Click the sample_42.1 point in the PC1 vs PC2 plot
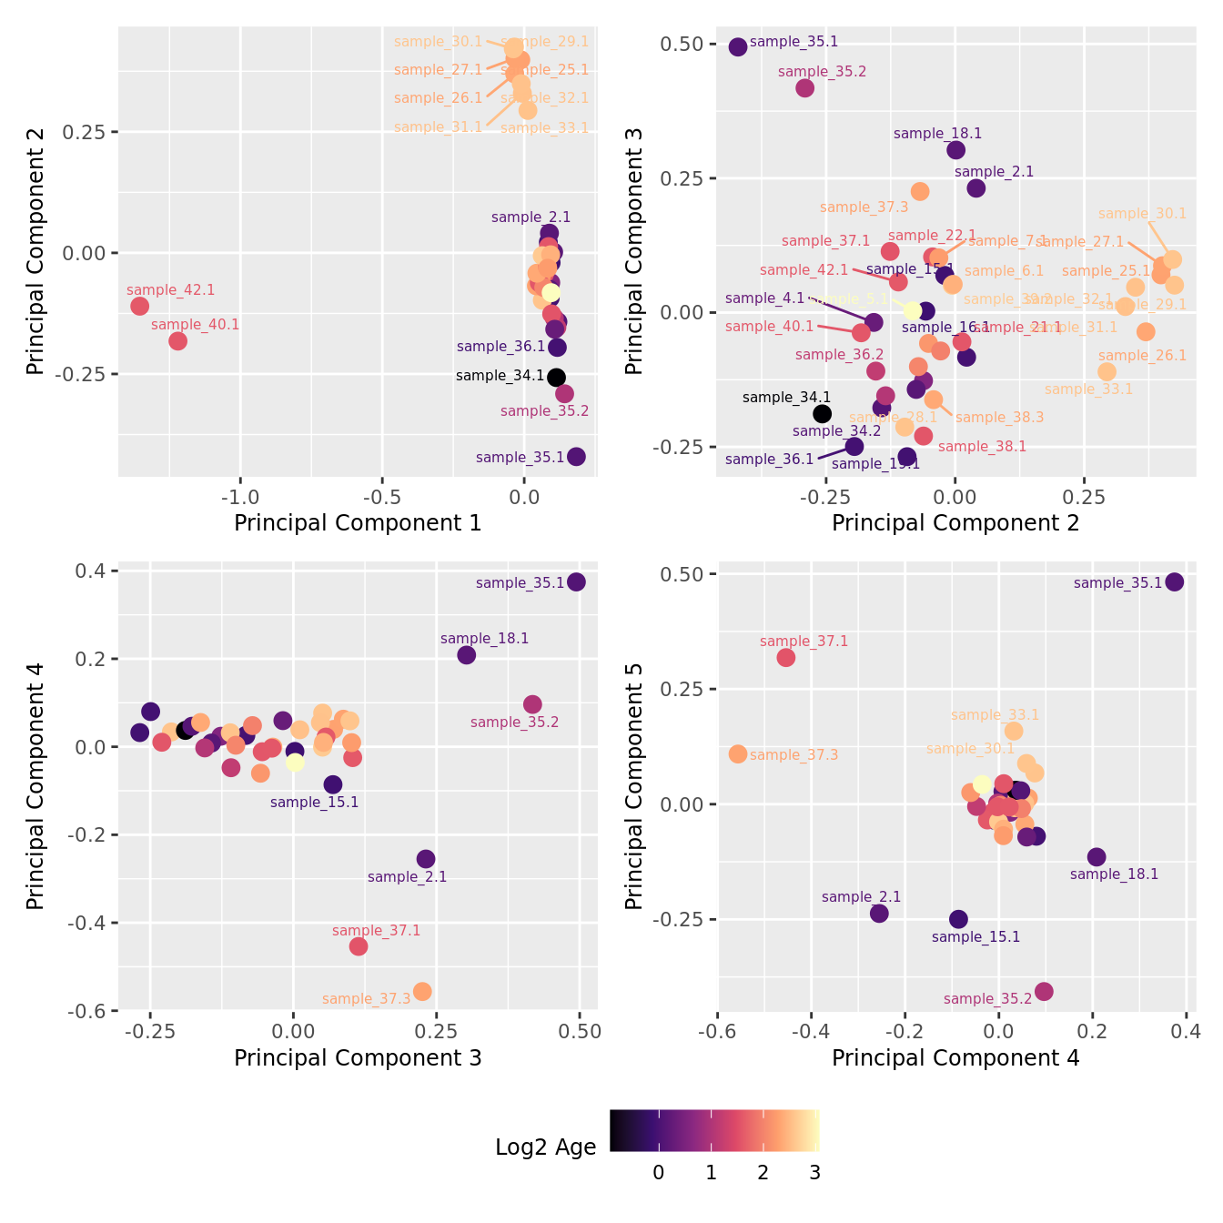point(139,306)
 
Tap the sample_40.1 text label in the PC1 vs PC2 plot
point(195,325)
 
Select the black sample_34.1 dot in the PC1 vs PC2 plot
point(556,377)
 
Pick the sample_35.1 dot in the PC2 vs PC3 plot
point(738,46)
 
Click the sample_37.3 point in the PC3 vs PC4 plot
point(422,991)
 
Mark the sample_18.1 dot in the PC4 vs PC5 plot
point(1097,856)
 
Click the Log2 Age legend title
point(545,1147)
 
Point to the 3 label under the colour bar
point(814,1173)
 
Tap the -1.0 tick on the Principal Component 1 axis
point(240,497)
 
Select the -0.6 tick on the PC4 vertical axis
point(88,1010)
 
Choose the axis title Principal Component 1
point(358,523)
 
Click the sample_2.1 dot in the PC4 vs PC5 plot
point(879,913)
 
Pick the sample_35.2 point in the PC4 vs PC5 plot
point(1044,991)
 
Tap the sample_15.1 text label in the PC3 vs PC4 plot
point(314,803)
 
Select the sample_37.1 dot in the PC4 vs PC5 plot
point(786,657)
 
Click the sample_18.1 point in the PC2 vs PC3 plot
point(955,150)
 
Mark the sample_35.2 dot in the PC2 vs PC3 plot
point(804,88)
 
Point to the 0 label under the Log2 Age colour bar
point(658,1173)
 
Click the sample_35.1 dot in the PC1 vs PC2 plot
point(576,457)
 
